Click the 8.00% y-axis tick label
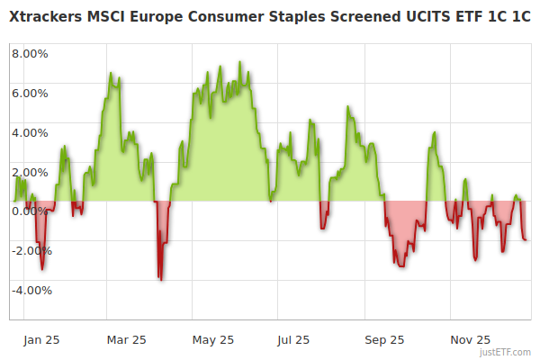point(30,53)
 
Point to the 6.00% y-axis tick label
point(30,93)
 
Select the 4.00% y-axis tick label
point(30,132)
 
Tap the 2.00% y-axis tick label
point(30,172)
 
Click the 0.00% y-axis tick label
point(30,211)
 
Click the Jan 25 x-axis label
point(41,340)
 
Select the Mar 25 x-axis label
point(126,340)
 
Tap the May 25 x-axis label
point(213,340)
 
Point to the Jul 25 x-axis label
point(293,340)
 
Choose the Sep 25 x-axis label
point(384,340)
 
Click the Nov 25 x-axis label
point(471,340)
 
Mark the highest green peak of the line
point(240,62)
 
